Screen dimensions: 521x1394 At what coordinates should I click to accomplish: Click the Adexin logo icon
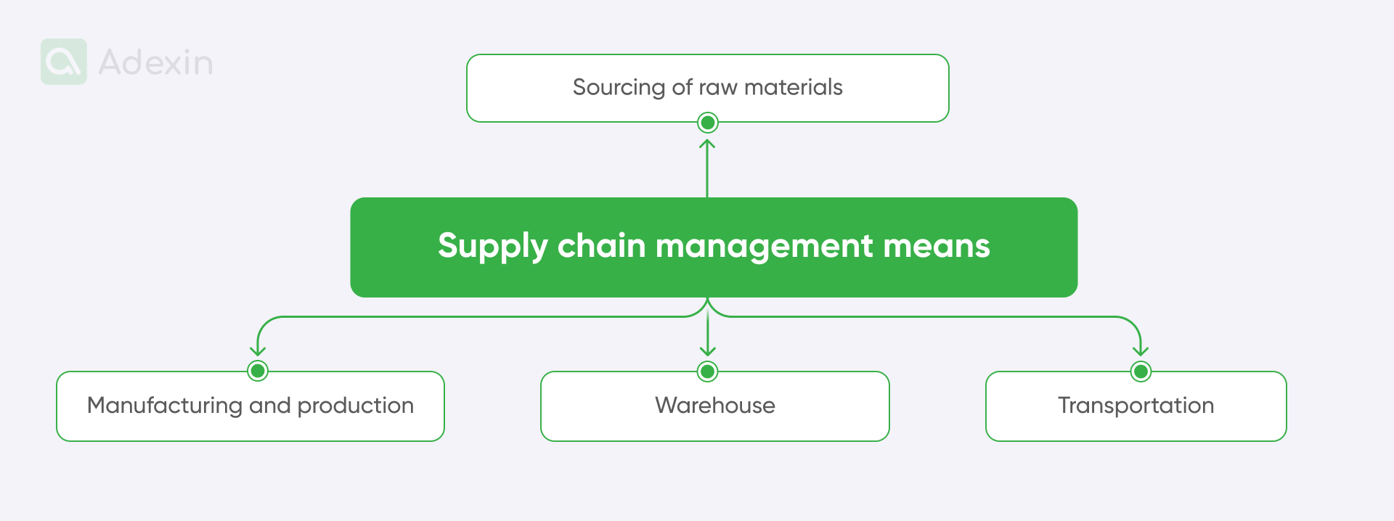pos(64,62)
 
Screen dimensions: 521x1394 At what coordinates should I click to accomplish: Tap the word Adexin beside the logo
pos(155,63)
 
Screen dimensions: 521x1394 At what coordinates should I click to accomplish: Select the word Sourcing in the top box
pos(619,88)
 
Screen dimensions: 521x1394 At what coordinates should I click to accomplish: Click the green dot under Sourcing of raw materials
pos(707,123)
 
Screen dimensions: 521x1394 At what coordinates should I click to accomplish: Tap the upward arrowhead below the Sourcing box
pos(707,143)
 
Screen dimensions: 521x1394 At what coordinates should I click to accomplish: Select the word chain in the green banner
pos(601,246)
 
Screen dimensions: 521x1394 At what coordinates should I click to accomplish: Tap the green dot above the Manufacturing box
pos(258,371)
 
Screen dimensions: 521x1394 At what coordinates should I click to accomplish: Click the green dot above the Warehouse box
pos(707,372)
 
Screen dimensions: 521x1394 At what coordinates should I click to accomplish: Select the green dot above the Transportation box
pos(1141,372)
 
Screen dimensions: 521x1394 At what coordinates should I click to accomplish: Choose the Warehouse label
pos(715,406)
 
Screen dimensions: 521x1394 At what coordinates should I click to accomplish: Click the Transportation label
pos(1136,406)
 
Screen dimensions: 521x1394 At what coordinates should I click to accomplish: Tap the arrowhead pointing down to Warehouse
pos(707,352)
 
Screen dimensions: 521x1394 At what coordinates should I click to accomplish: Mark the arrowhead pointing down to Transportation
pos(1141,351)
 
